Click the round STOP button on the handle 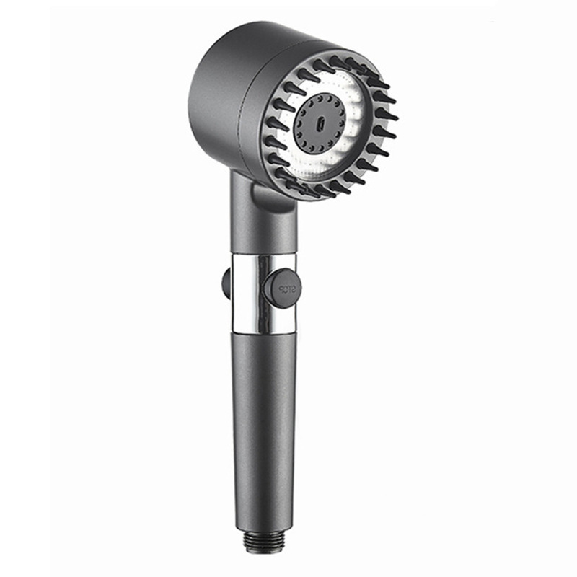pyautogui.click(x=281, y=288)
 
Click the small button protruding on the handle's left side pyautogui.click(x=226, y=283)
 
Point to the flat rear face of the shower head pyautogui.click(x=216, y=101)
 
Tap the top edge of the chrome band pyautogui.click(x=263, y=255)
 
